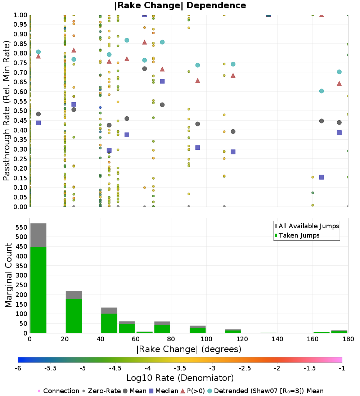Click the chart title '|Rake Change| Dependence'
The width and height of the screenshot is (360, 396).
click(180, 5)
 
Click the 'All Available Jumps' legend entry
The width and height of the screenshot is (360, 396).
click(309, 226)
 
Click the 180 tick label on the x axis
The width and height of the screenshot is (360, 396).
click(348, 339)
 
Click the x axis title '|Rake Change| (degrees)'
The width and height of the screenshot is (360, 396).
click(189, 349)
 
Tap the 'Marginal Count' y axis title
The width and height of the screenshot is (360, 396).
click(8, 275)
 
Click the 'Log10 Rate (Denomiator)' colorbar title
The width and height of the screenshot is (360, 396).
click(180, 378)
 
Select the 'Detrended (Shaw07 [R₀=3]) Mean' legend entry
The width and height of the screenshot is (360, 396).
click(269, 391)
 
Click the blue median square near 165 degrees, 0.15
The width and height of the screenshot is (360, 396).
click(321, 177)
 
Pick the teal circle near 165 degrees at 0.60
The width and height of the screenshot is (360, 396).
click(321, 91)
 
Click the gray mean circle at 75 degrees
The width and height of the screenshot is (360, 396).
click(162, 105)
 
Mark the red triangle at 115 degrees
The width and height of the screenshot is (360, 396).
click(233, 76)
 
